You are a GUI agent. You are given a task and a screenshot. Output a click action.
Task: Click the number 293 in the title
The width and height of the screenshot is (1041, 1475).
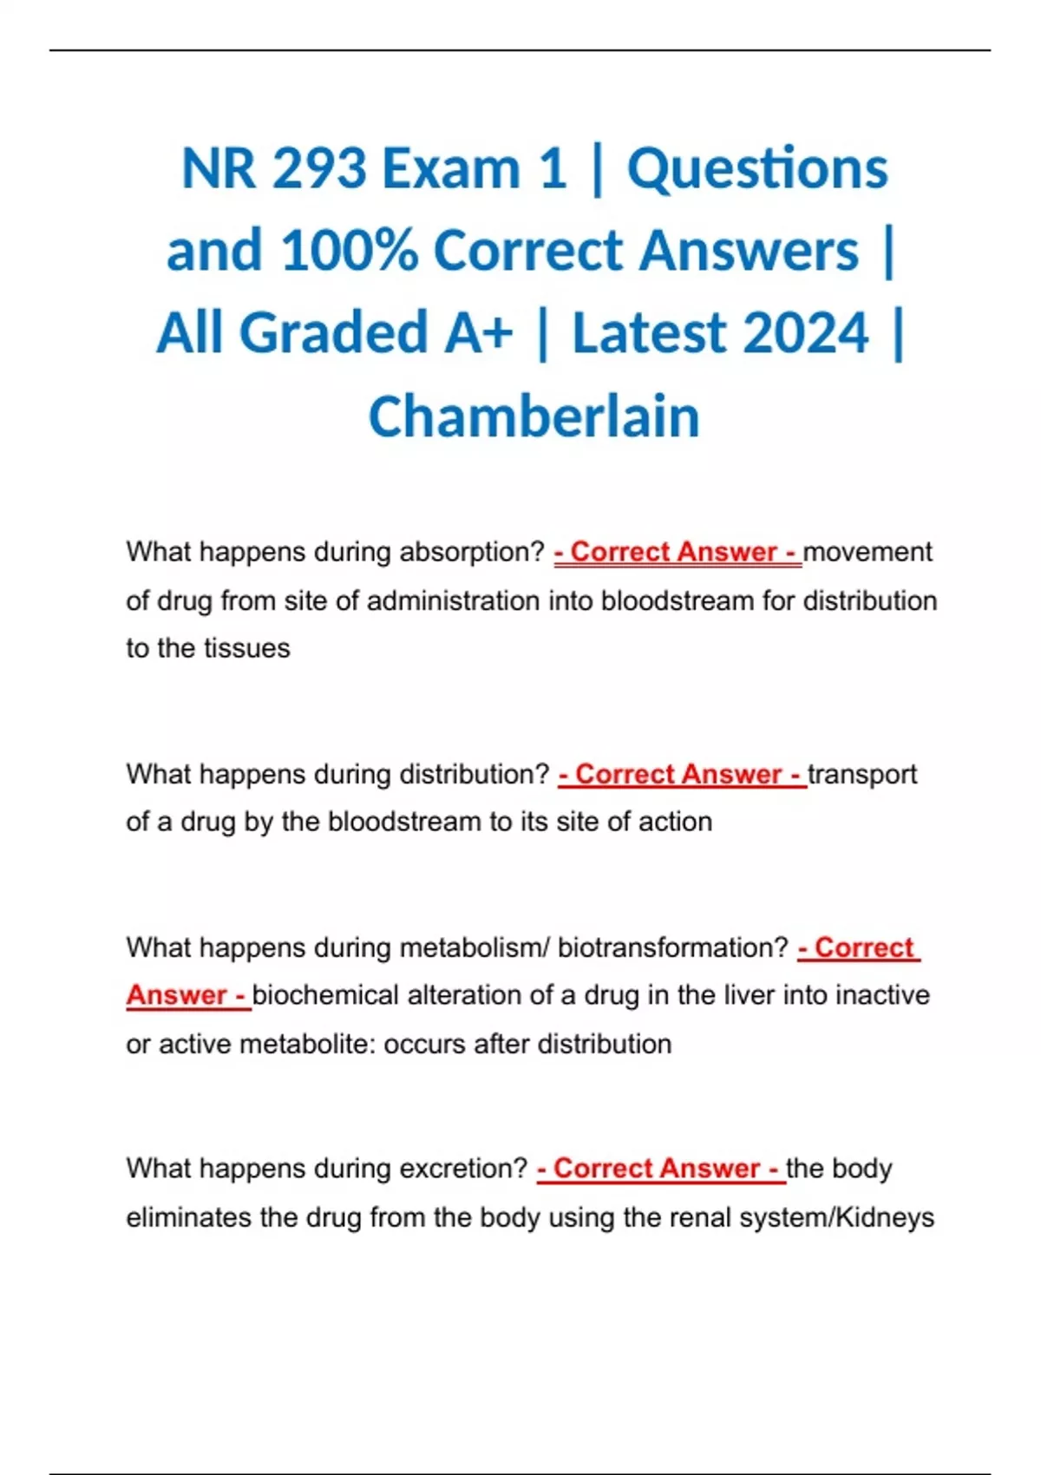tap(319, 167)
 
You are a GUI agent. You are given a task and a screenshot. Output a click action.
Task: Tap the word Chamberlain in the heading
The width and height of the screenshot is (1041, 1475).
tap(534, 416)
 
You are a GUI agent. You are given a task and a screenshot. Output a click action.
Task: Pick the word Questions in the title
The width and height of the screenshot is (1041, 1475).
tap(757, 167)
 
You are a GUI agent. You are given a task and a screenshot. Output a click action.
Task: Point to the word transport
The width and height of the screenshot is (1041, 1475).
tap(862, 774)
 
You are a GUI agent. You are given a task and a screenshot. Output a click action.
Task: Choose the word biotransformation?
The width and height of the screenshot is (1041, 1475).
tap(672, 947)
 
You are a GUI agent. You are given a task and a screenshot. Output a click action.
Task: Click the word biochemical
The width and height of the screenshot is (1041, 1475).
tap(324, 995)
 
